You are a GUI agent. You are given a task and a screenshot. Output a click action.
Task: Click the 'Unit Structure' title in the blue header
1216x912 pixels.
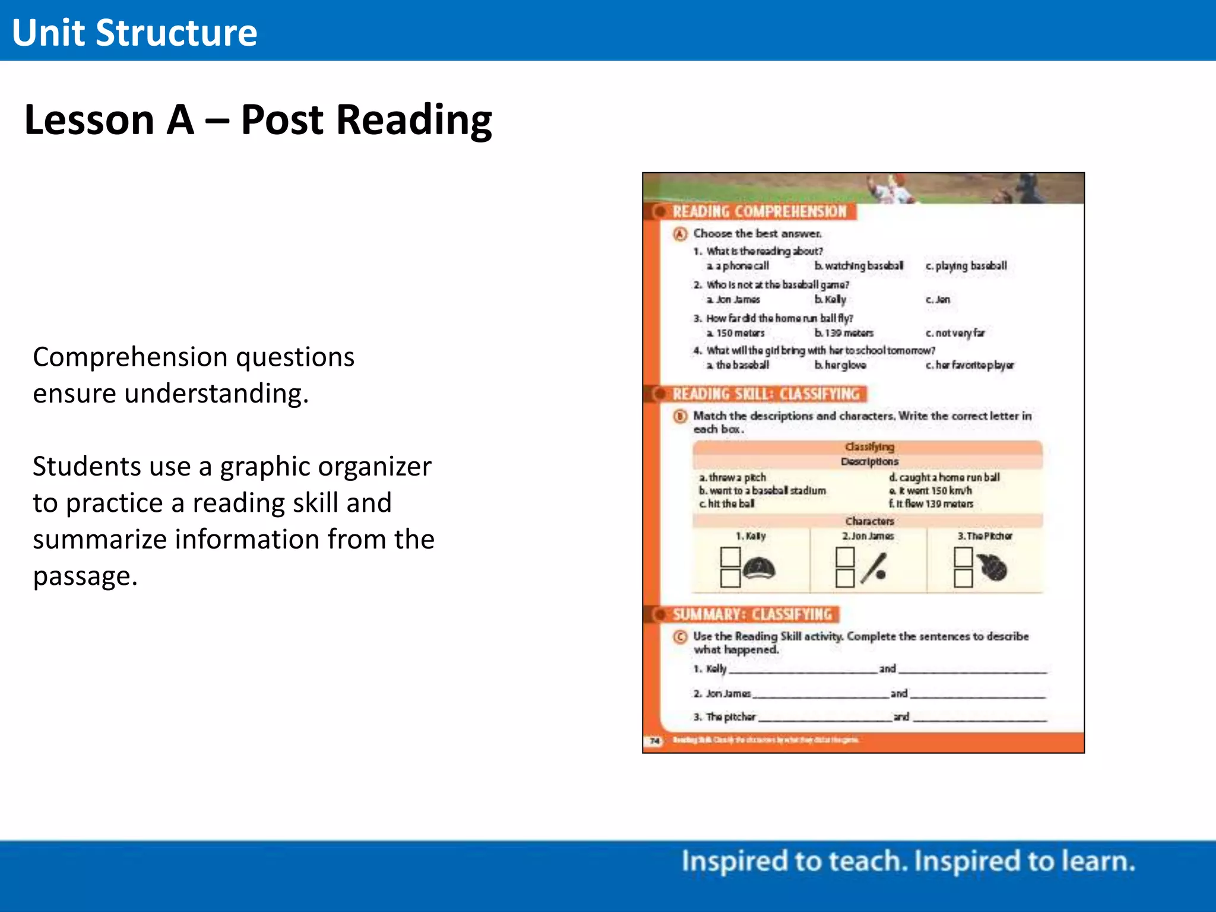[134, 33]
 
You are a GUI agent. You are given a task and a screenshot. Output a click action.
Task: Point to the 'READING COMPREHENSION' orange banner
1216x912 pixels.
[759, 212]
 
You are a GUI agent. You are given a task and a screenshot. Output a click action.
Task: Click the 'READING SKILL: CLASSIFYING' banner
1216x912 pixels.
[765, 394]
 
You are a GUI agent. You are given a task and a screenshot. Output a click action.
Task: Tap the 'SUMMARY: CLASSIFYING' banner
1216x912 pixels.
[752, 615]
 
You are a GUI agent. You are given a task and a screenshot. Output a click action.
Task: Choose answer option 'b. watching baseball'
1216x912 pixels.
[859, 266]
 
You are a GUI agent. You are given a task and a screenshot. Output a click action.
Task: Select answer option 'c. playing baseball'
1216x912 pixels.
[966, 266]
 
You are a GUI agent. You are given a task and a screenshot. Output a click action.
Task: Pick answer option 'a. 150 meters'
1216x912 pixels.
[736, 333]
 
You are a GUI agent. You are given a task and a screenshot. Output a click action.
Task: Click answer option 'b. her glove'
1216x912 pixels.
[840, 365]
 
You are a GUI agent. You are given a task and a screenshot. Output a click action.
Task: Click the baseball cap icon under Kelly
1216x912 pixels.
[759, 569]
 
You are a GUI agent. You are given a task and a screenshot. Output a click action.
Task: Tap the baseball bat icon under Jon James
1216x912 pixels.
[875, 568]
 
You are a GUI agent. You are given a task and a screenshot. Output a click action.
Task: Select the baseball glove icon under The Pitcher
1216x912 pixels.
[993, 568]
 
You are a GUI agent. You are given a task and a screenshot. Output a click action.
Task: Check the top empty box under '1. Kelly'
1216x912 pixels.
[730, 557]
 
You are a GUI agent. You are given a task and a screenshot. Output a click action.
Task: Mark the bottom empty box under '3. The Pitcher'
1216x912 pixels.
[963, 578]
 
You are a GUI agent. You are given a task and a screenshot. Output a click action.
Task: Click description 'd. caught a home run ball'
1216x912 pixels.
[944, 477]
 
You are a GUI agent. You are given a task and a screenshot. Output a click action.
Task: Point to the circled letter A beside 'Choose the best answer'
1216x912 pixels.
[680, 234]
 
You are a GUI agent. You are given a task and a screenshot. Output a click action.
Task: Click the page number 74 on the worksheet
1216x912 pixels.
[655, 741]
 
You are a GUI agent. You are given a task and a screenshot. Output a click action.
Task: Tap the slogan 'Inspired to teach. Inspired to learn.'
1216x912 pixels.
[908, 862]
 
